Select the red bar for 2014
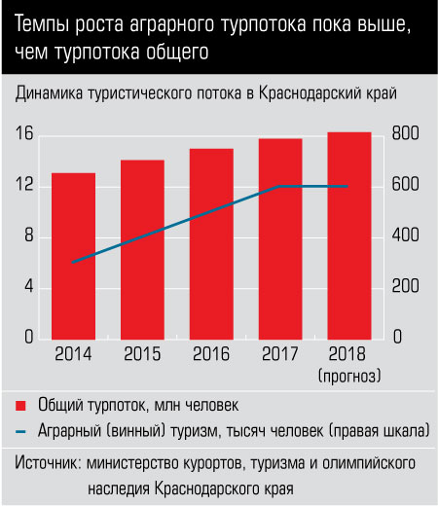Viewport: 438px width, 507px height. tap(73, 256)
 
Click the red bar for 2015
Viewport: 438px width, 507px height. tap(142, 250)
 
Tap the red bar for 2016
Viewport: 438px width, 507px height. tap(211, 244)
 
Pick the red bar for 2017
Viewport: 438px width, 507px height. tap(280, 239)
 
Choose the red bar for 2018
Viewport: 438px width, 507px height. tap(349, 235)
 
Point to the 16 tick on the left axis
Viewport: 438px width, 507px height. tap(24, 133)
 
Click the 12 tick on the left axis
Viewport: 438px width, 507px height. tap(24, 184)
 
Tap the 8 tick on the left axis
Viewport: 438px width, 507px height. tap(29, 235)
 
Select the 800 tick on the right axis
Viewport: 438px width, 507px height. tap(405, 133)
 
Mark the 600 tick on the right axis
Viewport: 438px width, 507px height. tap(405, 184)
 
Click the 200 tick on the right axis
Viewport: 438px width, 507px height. tap(405, 286)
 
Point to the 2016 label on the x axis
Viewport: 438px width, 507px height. tap(211, 354)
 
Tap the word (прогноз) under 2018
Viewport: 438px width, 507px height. tap(349, 377)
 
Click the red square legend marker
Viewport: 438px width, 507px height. tap(20, 406)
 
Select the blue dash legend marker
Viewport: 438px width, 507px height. tap(20, 432)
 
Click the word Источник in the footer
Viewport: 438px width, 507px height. tap(48, 463)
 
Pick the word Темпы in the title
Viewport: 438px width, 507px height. tap(42, 25)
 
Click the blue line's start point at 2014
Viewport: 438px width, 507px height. tap(73, 262)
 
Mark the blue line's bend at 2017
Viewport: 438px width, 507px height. tap(279, 187)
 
